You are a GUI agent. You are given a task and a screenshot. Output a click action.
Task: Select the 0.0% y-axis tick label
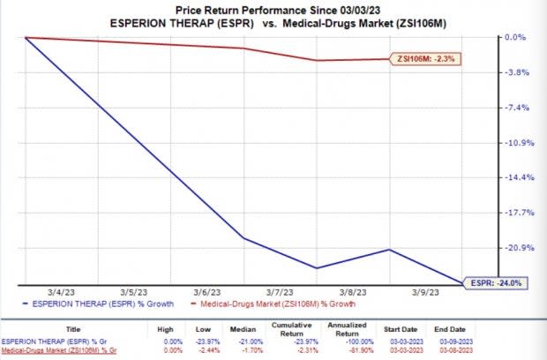point(514,38)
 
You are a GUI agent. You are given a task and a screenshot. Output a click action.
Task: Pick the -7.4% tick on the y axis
point(514,108)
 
